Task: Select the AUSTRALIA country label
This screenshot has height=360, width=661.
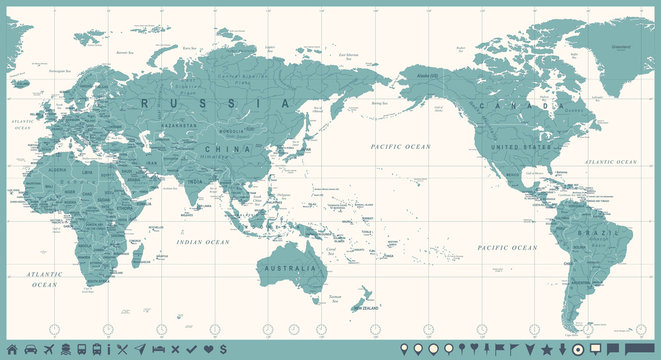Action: pos(289,268)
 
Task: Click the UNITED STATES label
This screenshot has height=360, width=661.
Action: pos(522,146)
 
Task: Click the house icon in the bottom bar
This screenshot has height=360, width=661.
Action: pos(13,349)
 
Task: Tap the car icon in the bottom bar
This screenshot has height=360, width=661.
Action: pos(31,349)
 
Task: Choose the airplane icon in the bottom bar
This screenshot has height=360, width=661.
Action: pos(48,349)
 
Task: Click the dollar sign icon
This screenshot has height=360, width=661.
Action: pos(223,349)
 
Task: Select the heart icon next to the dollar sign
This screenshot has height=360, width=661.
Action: pos(208,349)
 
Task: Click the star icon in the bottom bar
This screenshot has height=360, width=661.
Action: pos(546,349)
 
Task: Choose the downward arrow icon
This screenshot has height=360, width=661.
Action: pos(563,349)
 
